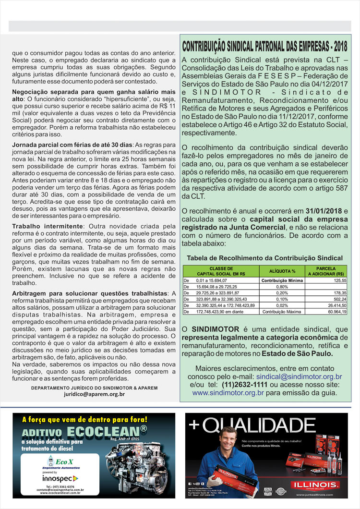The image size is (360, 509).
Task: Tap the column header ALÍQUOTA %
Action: [282, 271]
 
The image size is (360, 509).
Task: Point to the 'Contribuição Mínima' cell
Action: [282, 280]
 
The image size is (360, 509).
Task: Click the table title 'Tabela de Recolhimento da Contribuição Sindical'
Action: [264, 258]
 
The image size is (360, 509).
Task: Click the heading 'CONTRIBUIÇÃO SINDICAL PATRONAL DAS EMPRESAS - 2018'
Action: [265, 47]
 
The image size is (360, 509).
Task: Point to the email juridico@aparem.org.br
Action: [94, 394]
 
